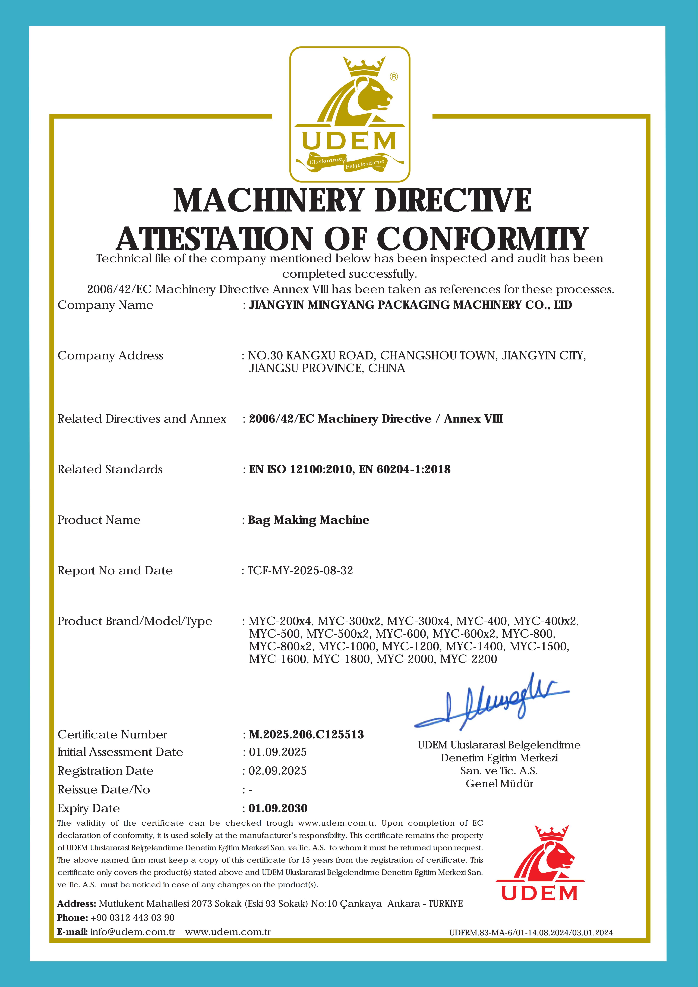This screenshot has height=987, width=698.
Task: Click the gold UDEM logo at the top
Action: coord(349,114)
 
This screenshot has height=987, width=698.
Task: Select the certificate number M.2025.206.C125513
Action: coord(306,734)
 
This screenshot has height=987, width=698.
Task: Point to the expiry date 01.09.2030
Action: coord(278,808)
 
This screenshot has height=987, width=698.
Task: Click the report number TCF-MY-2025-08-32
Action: coord(300,571)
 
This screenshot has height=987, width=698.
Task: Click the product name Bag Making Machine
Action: coord(309,520)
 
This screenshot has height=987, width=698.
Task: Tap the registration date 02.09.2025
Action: coord(277,771)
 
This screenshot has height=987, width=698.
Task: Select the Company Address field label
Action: coord(110,356)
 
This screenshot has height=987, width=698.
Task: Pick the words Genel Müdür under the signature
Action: coord(499,784)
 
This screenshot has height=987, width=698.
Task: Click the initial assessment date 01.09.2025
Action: coord(277,752)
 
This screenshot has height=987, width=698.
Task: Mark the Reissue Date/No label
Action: coord(104,790)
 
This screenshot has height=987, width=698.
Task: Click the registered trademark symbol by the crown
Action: coord(394,77)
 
